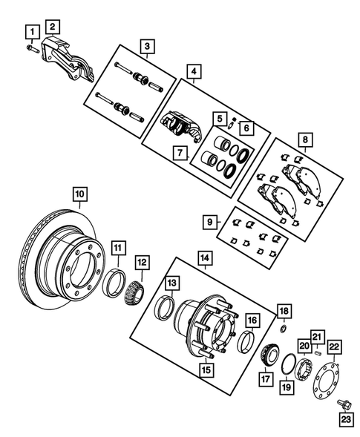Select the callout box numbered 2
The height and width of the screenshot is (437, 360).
(53, 27)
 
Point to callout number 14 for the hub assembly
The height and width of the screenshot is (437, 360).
(203, 257)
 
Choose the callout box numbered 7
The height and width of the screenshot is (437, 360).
(179, 153)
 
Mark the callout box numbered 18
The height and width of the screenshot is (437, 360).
(283, 309)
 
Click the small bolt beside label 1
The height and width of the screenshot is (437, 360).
(31, 48)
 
